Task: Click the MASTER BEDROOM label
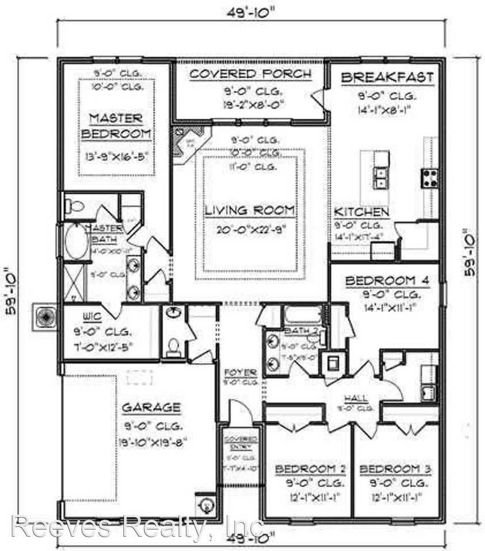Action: tap(117, 126)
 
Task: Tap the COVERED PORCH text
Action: tap(250, 74)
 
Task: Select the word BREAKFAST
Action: tap(387, 78)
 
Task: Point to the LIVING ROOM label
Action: tap(250, 210)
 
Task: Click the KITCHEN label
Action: tap(361, 212)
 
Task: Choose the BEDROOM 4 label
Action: tap(387, 281)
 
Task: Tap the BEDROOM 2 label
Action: tap(310, 469)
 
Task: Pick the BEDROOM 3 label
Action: tap(395, 469)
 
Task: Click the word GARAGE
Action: tap(152, 408)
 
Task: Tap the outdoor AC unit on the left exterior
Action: tap(45, 316)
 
